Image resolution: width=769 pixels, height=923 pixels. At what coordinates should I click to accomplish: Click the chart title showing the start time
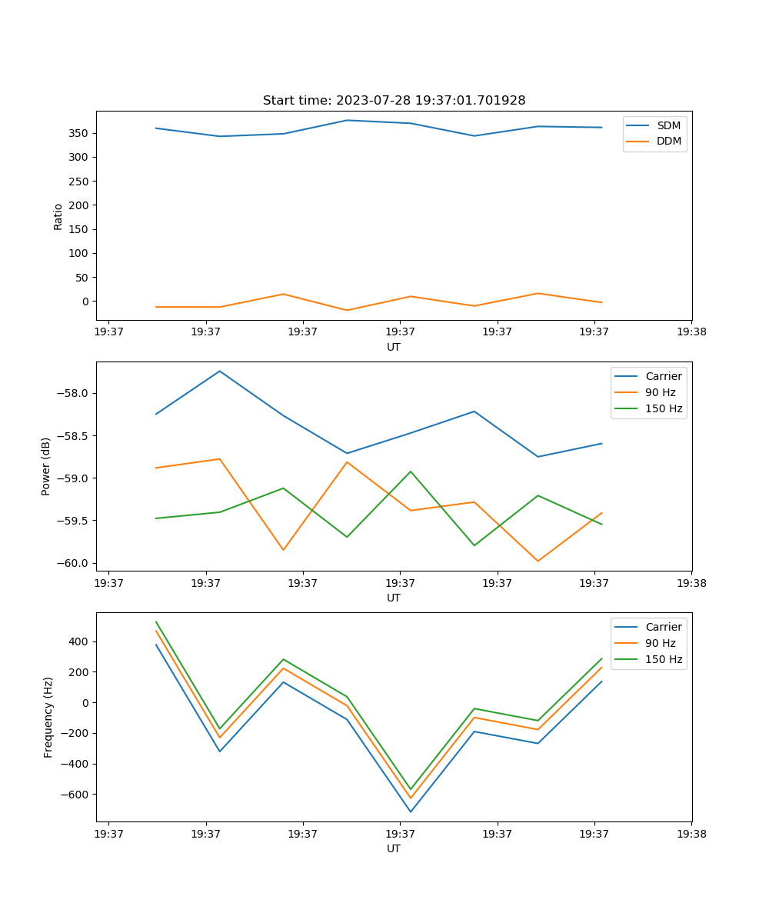click(x=394, y=101)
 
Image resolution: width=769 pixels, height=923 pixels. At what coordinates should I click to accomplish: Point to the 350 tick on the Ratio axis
click(x=81, y=133)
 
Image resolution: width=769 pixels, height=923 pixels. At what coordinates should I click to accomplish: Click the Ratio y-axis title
click(x=58, y=215)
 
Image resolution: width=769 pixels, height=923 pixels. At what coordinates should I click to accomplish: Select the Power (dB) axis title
click(x=46, y=466)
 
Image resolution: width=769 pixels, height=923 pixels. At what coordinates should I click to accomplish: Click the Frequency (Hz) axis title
click(x=48, y=717)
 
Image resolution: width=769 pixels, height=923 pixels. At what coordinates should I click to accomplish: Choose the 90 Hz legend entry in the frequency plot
click(x=661, y=643)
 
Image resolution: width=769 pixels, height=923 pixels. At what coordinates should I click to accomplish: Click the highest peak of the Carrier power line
click(x=220, y=371)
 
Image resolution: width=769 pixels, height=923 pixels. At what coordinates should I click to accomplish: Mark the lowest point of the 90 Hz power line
click(x=538, y=561)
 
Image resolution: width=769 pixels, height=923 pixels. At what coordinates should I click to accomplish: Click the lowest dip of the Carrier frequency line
click(x=411, y=811)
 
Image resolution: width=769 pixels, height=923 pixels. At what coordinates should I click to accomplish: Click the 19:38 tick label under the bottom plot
click(x=691, y=833)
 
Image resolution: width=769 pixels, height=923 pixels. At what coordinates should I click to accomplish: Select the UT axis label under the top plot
click(x=394, y=347)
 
